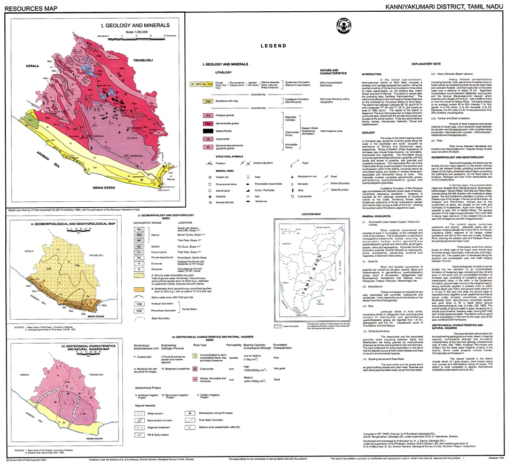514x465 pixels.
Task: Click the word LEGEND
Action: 275,46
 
